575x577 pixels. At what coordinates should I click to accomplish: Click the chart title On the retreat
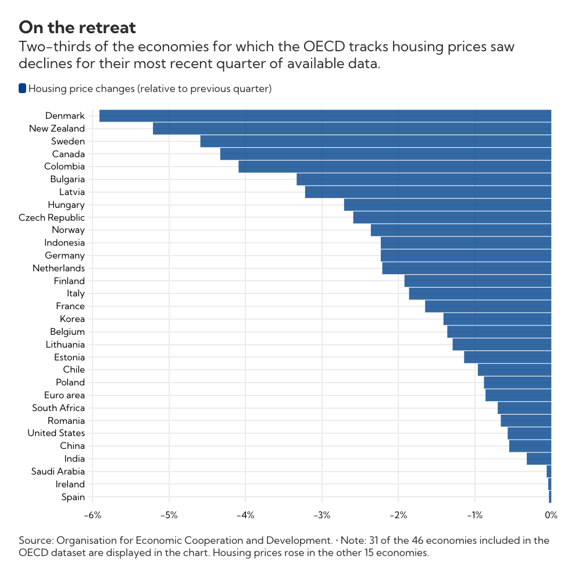click(77, 27)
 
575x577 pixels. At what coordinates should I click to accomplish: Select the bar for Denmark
click(325, 116)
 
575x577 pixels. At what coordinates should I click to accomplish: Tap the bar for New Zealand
click(352, 129)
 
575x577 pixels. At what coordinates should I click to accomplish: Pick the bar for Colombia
click(395, 167)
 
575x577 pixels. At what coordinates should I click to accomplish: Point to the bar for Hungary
click(447, 205)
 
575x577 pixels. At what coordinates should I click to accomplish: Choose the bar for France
click(488, 306)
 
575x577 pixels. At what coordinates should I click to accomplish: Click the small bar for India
click(539, 459)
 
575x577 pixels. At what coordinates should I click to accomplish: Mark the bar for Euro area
click(518, 395)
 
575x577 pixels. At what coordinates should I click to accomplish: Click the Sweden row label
click(67, 141)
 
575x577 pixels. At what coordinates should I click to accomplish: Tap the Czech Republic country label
click(52, 218)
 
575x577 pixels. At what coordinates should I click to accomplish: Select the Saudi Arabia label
click(58, 472)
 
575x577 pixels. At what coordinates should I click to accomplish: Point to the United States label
click(56, 433)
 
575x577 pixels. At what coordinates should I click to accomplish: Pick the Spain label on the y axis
click(73, 497)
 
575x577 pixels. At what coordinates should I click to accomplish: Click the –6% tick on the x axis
click(92, 515)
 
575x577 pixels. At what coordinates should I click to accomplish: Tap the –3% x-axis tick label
click(322, 515)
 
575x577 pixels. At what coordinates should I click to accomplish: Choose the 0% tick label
click(551, 515)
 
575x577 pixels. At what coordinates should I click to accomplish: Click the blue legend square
click(23, 89)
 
